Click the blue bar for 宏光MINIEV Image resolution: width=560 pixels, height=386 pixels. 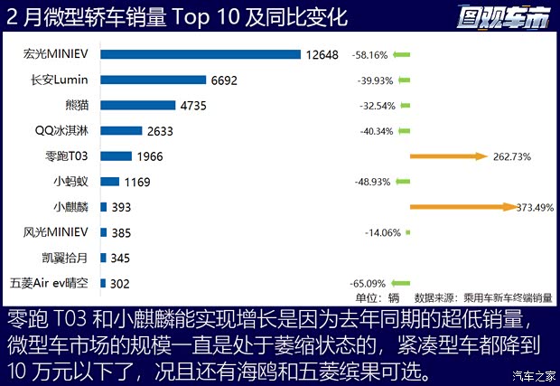201,54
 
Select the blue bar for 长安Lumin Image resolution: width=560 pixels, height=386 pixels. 154,80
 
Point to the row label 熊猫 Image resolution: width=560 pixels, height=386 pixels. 78,105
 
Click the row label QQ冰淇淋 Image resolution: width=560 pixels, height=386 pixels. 64,130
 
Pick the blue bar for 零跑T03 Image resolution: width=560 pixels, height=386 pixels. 117,156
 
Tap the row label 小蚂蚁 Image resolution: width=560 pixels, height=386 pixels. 71,182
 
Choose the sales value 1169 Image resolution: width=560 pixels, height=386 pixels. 135,182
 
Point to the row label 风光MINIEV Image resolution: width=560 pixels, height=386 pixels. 58,232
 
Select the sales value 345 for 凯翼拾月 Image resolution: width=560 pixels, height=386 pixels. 120,258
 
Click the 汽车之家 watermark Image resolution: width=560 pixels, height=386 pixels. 532,375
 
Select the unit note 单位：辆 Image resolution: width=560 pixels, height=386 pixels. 378,297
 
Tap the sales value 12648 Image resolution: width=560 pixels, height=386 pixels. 322,54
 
